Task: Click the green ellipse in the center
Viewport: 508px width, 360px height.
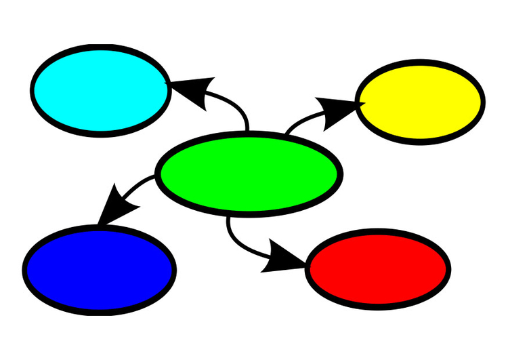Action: [x=249, y=174]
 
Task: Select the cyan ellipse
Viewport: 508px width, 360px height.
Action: [x=100, y=90]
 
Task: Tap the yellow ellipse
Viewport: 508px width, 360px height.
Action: [x=420, y=102]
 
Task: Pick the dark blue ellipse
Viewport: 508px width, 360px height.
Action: [x=100, y=269]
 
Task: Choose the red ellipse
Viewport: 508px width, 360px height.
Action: [x=378, y=269]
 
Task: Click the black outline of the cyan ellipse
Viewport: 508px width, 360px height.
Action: [x=100, y=47]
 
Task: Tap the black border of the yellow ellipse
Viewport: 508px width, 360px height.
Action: [x=420, y=63]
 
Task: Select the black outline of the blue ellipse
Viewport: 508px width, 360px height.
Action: [x=100, y=228]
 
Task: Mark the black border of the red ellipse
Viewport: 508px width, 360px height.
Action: [x=378, y=233]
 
